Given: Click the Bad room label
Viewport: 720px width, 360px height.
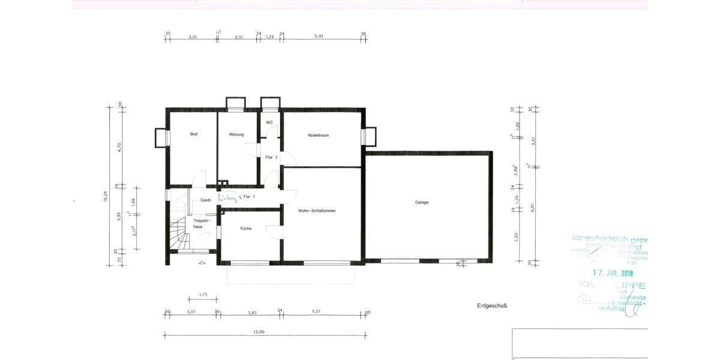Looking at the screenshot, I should click(194, 134).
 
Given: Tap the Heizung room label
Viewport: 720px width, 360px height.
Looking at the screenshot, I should click(236, 134).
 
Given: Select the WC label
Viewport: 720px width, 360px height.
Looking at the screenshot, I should click(269, 122).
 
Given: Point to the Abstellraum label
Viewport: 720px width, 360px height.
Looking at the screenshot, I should click(318, 135).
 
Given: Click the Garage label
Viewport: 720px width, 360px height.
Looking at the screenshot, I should click(421, 202).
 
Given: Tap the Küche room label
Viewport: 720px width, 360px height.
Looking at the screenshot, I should click(246, 228).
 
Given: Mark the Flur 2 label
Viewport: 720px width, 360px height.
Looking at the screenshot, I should click(271, 157).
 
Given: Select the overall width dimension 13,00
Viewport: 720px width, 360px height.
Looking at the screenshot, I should click(259, 332).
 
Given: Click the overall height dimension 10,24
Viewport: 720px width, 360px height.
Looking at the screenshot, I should click(106, 196).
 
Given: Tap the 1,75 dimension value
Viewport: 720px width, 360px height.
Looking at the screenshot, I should click(202, 295).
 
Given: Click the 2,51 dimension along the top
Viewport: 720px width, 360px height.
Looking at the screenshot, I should click(239, 37).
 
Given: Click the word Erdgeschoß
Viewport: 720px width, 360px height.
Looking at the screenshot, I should click(492, 305).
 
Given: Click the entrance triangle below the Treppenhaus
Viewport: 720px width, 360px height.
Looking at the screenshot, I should click(201, 262).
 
